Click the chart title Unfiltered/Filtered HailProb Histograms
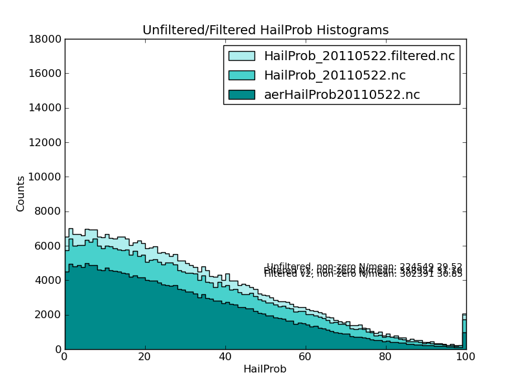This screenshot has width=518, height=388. pyautogui.click(x=265, y=30)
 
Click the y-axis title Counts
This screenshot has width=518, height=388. pyautogui.click(x=21, y=193)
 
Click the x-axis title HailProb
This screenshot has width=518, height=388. pyautogui.click(x=265, y=369)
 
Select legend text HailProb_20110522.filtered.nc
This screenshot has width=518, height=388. pyautogui.click(x=359, y=56)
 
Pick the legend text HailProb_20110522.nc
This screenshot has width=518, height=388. pyautogui.click(x=334, y=76)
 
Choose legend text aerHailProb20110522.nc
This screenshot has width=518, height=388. pyautogui.click(x=341, y=95)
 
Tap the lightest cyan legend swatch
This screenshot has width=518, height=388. pyautogui.click(x=242, y=56)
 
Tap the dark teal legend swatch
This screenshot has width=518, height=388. pyautogui.click(x=242, y=95)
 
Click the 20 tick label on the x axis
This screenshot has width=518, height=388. pyautogui.click(x=144, y=357)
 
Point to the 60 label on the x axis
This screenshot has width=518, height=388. pyautogui.click(x=305, y=357)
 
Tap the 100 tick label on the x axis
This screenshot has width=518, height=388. pyautogui.click(x=466, y=357)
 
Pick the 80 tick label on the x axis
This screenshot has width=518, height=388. pyautogui.click(x=385, y=357)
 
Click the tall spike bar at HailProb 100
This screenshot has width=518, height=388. pyautogui.click(x=464, y=333)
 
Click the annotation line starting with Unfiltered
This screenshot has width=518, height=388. pyautogui.click(x=364, y=266)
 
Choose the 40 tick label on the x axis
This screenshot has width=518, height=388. pyautogui.click(x=225, y=357)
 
